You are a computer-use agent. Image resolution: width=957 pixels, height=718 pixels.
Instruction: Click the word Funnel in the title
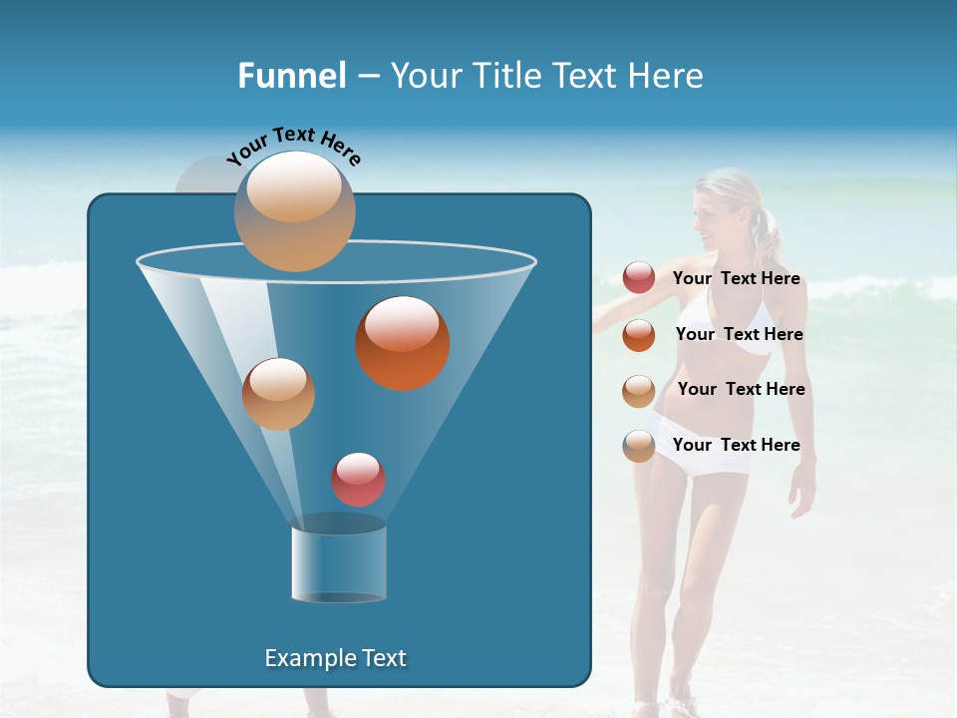click(x=291, y=76)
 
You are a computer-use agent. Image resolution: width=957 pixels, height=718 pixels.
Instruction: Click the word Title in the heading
click(x=504, y=76)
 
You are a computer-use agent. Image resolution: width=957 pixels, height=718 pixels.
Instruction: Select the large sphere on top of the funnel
click(x=294, y=211)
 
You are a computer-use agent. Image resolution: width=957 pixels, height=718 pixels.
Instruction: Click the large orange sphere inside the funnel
click(x=403, y=343)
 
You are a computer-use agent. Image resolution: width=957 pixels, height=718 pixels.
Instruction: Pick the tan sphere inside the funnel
click(x=278, y=394)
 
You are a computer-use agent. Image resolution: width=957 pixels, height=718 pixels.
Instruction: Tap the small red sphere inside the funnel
click(x=358, y=480)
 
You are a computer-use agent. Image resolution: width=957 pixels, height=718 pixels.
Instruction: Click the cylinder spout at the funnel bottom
click(x=339, y=563)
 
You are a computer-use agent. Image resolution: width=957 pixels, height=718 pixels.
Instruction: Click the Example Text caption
click(x=336, y=658)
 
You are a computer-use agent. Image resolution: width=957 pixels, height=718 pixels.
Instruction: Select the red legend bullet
click(x=639, y=278)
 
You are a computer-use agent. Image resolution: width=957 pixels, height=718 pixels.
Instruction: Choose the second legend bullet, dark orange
click(x=639, y=335)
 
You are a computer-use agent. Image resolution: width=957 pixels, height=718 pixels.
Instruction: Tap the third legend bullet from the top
click(x=639, y=391)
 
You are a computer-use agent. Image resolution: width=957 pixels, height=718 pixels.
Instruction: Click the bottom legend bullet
click(x=639, y=446)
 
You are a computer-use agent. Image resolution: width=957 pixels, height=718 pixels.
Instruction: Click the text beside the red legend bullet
click(x=737, y=279)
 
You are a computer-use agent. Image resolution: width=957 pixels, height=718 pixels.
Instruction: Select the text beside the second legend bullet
click(x=739, y=335)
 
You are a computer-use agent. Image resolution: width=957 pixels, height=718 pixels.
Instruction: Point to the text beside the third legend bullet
click(x=741, y=389)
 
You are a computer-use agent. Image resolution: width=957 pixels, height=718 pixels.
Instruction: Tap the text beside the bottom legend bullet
click(x=737, y=445)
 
